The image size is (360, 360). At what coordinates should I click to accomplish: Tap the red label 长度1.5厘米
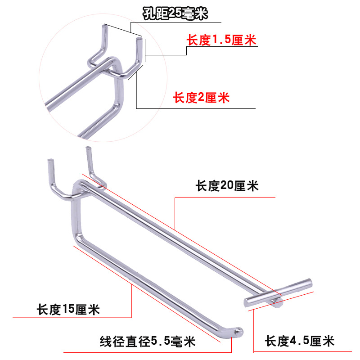pyautogui.click(x=221, y=40)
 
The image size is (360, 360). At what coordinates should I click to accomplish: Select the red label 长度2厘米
pyautogui.click(x=202, y=97)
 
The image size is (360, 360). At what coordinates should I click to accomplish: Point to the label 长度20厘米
pyautogui.click(x=227, y=185)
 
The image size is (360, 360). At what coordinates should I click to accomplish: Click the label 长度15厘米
pyautogui.click(x=68, y=310)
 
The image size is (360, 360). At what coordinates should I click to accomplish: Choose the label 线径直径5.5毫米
pyautogui.click(x=148, y=342)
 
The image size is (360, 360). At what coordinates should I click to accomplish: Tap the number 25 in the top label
pyautogui.click(x=174, y=14)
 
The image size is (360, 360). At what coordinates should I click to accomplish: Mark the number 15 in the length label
pyautogui.click(x=68, y=310)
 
